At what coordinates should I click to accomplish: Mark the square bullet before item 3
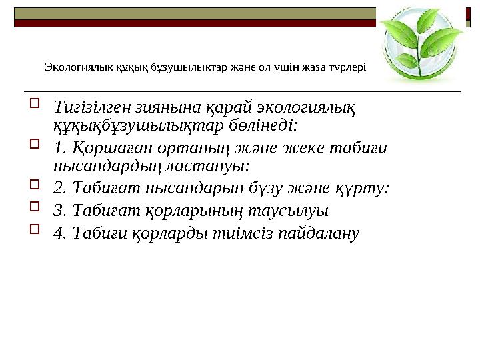35,208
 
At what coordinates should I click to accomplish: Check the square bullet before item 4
35,229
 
